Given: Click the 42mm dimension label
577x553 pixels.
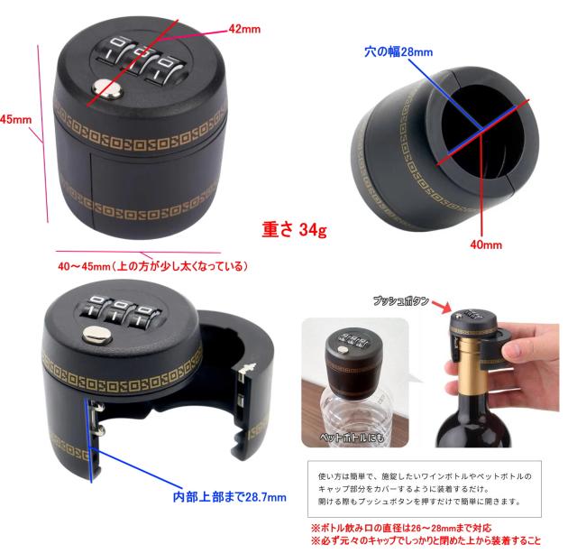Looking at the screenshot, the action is (x=244, y=29).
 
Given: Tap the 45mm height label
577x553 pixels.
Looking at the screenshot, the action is (x=16, y=119).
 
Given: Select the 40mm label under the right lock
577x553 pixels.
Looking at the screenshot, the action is (x=486, y=244).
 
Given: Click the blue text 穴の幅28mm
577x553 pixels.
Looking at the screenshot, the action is (x=398, y=51).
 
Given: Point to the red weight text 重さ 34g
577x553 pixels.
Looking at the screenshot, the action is (x=295, y=229).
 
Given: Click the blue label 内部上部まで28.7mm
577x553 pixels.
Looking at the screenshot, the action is (x=230, y=497).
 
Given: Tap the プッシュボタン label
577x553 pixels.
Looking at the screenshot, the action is (x=400, y=300).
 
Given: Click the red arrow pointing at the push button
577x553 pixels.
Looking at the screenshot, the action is (x=442, y=307).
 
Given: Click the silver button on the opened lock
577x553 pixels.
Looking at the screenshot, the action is (x=96, y=335).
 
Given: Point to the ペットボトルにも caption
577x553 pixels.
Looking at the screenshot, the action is (x=352, y=437).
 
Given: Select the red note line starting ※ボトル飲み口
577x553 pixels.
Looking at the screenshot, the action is (x=401, y=529).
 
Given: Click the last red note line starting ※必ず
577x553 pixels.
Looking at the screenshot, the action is (x=426, y=540).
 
